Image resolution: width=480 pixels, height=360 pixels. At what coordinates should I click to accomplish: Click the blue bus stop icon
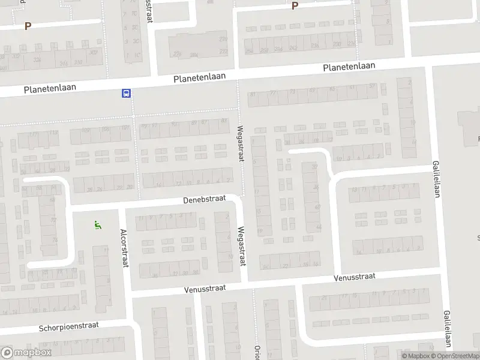pyautogui.click(x=127, y=93)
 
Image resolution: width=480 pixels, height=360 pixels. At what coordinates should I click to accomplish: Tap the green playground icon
pyautogui.click(x=97, y=226)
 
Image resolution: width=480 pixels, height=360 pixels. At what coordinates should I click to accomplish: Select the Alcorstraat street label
pyautogui.click(x=124, y=248)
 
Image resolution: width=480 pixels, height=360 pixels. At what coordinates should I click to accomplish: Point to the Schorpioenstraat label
pyautogui.click(x=68, y=326)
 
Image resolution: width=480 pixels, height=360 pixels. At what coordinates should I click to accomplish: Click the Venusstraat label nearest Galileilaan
pyautogui.click(x=354, y=277)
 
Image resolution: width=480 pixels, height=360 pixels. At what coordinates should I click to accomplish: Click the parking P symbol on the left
pyautogui.click(x=27, y=26)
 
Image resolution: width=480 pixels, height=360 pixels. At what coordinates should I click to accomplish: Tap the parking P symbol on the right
pyautogui.click(x=295, y=6)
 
